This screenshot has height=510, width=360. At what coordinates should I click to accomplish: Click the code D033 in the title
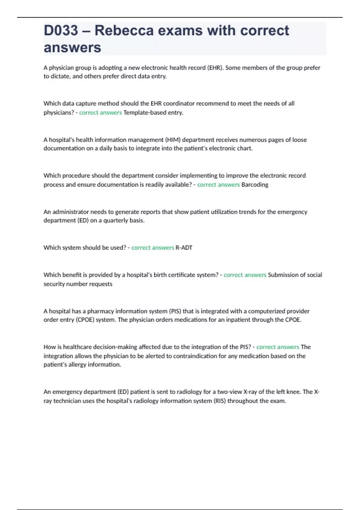click(x=61, y=31)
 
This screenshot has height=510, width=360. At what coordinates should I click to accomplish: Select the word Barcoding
click(x=255, y=184)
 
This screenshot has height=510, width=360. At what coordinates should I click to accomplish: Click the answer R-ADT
click(x=184, y=247)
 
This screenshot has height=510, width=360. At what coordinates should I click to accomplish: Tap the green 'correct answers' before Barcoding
click(x=218, y=184)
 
